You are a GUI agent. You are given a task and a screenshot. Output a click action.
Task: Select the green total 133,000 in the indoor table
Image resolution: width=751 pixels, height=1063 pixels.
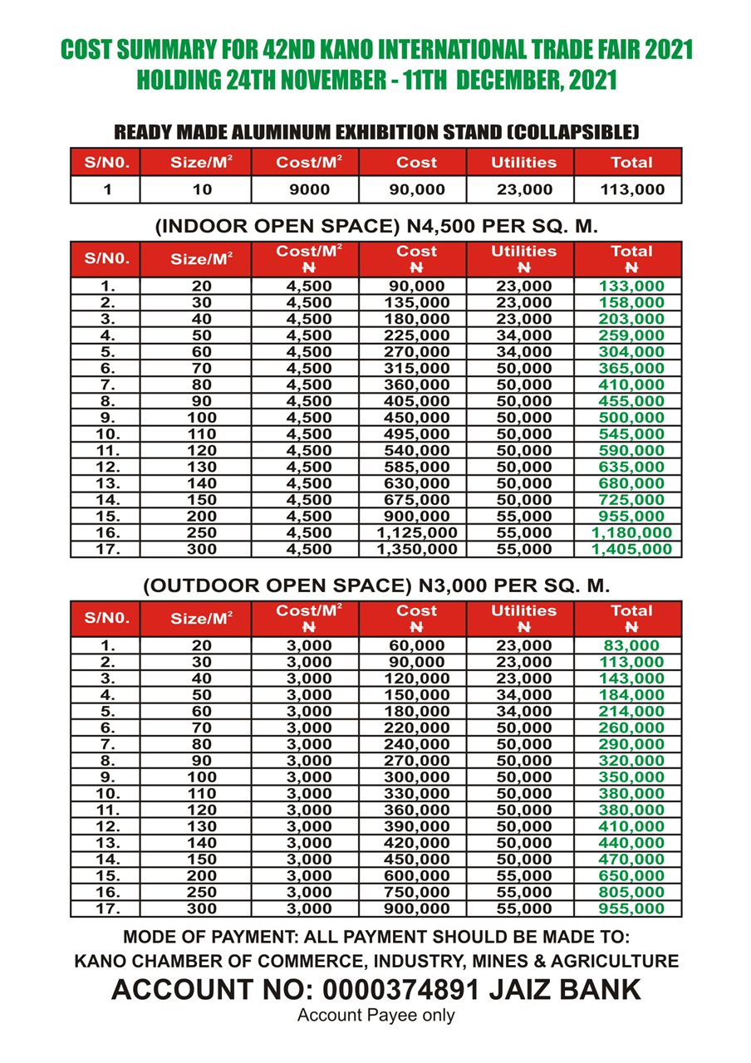pyautogui.click(x=631, y=286)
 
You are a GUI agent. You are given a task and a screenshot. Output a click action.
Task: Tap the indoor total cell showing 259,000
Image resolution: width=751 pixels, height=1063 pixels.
pyautogui.click(x=631, y=336)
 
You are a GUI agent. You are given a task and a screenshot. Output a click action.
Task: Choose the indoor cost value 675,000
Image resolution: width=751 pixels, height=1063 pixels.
pyautogui.click(x=416, y=500)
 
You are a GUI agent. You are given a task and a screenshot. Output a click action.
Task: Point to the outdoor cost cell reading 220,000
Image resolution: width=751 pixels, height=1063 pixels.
pyautogui.click(x=416, y=727)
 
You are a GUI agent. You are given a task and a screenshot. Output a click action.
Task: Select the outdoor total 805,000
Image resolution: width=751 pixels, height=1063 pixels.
pyautogui.click(x=631, y=892)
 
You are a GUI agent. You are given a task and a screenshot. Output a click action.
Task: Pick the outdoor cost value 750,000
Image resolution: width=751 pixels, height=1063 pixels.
pyautogui.click(x=416, y=892)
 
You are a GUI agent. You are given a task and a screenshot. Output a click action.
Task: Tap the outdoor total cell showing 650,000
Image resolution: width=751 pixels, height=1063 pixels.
pyautogui.click(x=631, y=875)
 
